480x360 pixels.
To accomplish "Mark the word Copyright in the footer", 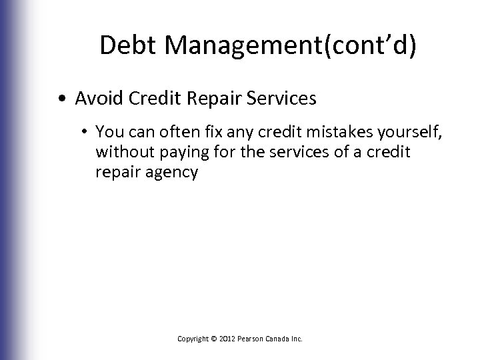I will pos(193,339).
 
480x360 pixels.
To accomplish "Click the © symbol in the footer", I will pos(214,339).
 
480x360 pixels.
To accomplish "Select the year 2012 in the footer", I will pos(227,339).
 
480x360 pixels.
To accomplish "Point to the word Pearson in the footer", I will pos(251,339).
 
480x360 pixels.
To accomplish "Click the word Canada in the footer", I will pos(279,339).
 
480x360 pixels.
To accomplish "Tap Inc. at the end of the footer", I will pos(297,339).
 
